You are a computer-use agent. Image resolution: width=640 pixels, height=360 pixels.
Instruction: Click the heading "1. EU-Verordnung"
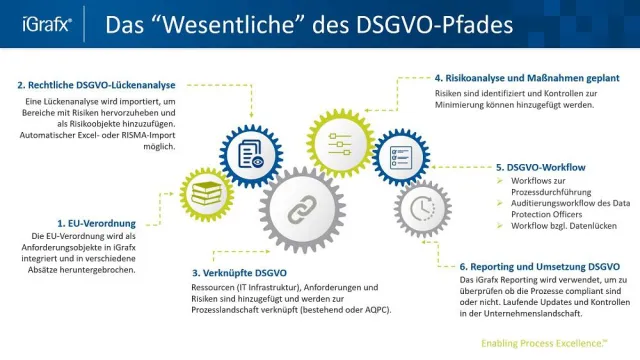click(94, 223)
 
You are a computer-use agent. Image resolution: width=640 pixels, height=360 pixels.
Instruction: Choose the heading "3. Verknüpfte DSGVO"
click(245, 271)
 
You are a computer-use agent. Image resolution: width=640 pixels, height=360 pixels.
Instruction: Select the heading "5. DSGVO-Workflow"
click(541, 167)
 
